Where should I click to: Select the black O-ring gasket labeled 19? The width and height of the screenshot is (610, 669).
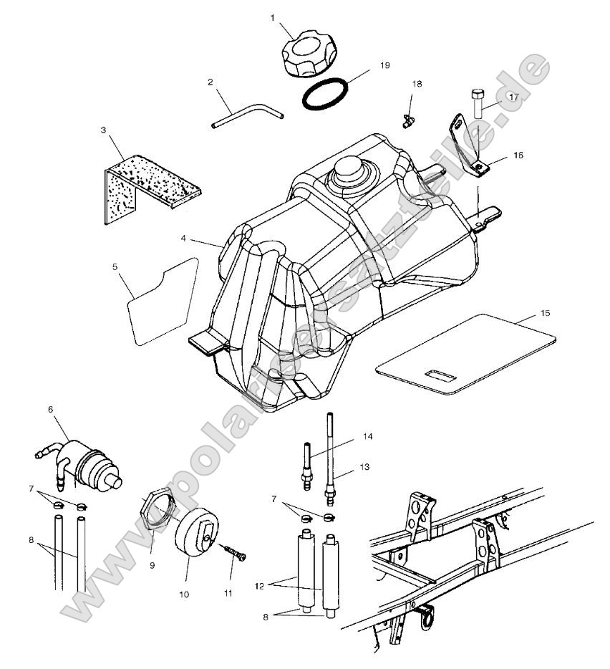pyautogui.click(x=326, y=95)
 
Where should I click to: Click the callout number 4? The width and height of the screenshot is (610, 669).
pyautogui.click(x=184, y=238)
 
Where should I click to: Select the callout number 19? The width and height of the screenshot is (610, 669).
pyautogui.click(x=384, y=65)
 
